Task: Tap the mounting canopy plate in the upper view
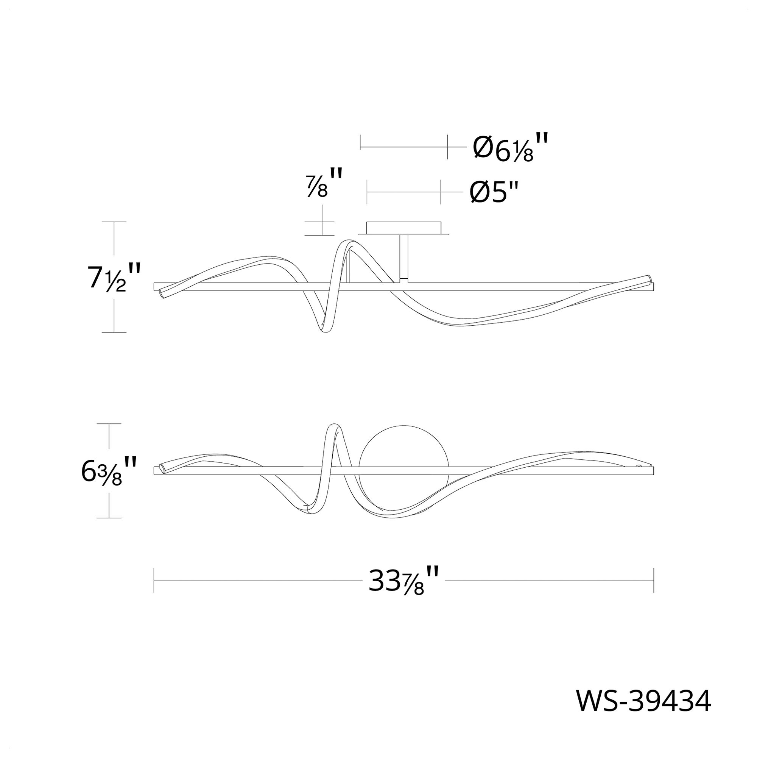pyautogui.click(x=404, y=229)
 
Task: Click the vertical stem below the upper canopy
pyautogui.click(x=404, y=258)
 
